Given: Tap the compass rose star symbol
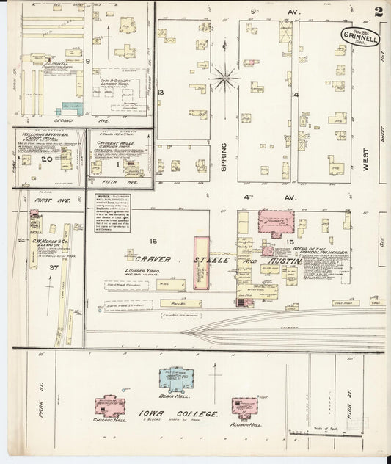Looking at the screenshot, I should point(224,76).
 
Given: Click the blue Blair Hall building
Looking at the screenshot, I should point(177,377).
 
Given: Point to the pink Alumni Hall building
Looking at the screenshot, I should point(244,406).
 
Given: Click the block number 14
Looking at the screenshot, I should point(295,95).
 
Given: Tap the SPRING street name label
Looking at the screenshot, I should point(225,157).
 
